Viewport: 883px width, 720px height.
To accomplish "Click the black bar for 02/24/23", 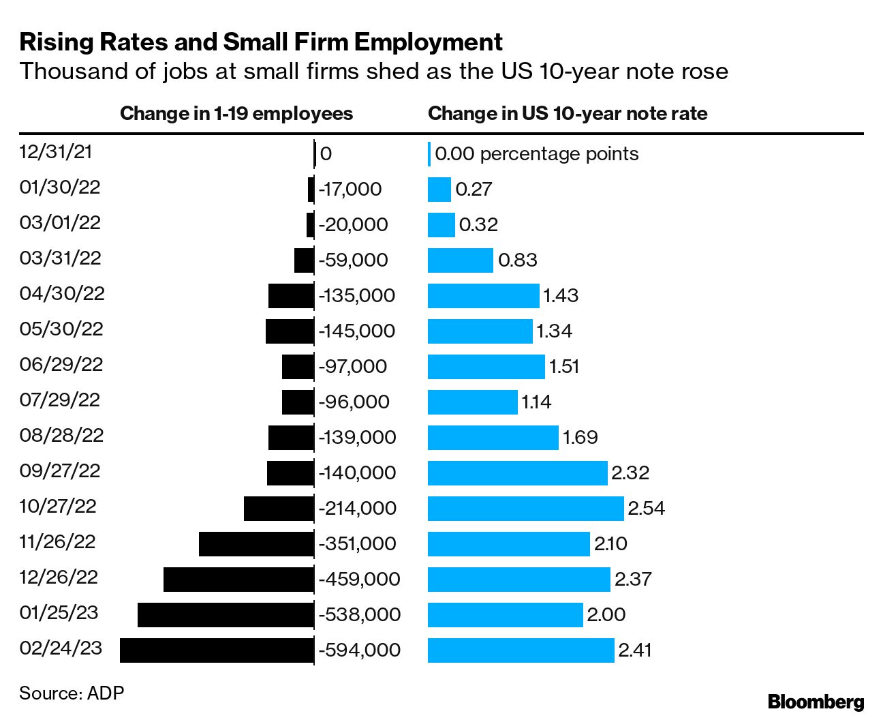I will (217, 650).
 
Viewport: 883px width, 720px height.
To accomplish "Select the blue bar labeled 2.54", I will (525, 508).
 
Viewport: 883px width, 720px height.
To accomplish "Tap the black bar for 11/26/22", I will (256, 543).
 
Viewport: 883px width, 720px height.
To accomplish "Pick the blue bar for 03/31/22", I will (460, 260).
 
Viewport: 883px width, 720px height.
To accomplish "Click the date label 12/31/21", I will (56, 152).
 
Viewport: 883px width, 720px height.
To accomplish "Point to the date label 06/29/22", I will (61, 365).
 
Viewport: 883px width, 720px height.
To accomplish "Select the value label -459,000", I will (359, 579).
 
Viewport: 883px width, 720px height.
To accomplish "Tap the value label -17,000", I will (350, 189).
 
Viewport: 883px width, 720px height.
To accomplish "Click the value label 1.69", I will (580, 437).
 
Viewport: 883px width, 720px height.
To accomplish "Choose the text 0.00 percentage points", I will (536, 153).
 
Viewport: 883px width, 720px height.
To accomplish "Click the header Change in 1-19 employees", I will (236, 113).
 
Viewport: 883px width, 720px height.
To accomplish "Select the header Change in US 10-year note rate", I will (568, 113).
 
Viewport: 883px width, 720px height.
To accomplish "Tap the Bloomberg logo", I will (816, 702).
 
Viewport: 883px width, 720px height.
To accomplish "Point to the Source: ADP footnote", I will (72, 693).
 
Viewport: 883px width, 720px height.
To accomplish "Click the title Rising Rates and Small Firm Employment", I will (261, 42).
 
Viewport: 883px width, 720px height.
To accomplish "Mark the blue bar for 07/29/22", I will (472, 402).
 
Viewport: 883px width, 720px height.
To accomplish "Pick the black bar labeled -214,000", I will (279, 508).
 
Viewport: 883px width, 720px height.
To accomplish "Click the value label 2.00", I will (606, 614).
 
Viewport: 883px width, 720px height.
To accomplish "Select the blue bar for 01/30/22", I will (439, 189).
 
